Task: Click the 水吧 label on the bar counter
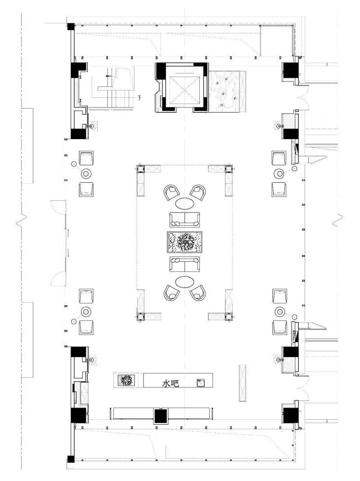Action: (x=171, y=383)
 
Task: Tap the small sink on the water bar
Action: (x=201, y=383)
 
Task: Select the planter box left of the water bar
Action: (x=126, y=381)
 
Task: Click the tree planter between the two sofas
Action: (x=184, y=242)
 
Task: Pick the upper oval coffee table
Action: (x=185, y=203)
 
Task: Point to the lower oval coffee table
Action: (x=185, y=281)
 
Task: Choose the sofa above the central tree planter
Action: (x=185, y=219)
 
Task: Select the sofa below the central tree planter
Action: (x=185, y=264)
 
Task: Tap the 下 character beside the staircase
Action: (x=140, y=98)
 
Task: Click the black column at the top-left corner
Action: (x=71, y=27)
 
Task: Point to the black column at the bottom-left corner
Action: (x=71, y=459)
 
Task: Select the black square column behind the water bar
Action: (x=160, y=416)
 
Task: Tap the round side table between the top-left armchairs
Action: (x=86, y=174)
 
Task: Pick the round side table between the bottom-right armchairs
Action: (x=280, y=312)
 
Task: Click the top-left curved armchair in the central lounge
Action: (x=171, y=192)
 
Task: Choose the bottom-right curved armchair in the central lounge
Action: (x=198, y=293)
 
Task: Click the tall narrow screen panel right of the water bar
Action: (x=243, y=383)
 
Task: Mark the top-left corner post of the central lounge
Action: (x=141, y=169)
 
